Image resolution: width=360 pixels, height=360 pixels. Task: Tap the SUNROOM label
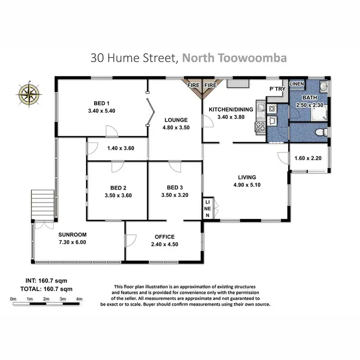pos(72,235)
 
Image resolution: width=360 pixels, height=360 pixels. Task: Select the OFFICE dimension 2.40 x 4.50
pos(164,244)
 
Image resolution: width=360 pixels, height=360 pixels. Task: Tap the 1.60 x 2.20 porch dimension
pos(308,157)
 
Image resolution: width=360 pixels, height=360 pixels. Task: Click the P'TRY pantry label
pos(277,90)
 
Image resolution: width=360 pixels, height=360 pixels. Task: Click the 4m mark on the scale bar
pos(79,300)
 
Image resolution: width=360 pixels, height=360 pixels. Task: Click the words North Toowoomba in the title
pos(235,58)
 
